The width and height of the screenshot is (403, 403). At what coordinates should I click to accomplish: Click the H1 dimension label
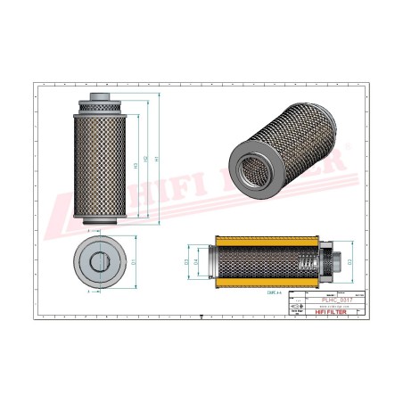point(156,160)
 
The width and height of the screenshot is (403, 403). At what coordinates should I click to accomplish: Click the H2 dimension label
point(145,161)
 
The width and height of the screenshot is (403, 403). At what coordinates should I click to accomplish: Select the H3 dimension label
point(135,164)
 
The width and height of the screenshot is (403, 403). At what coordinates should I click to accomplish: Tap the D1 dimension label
point(134,261)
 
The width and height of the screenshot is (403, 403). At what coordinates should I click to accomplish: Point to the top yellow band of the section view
point(259,240)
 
